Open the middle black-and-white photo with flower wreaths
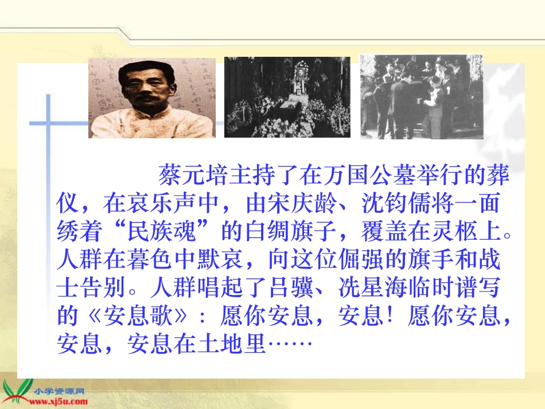[287, 97]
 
